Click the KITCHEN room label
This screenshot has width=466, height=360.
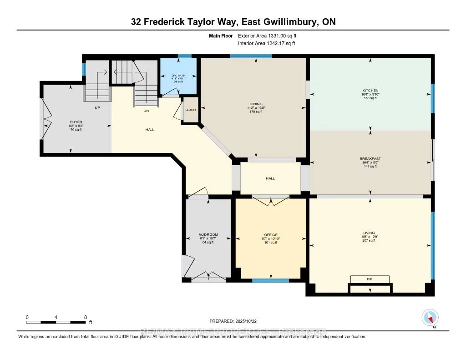click(370, 91)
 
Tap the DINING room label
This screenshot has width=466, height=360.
click(256, 103)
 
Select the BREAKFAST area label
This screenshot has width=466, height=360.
click(370, 159)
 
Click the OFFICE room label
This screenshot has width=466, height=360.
click(271, 235)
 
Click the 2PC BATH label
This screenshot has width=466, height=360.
click(178, 76)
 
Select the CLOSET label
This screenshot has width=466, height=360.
click(191, 110)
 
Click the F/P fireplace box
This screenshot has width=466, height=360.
click(370, 279)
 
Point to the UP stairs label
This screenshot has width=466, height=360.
click(97, 108)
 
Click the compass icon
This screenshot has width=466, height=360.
click(430, 318)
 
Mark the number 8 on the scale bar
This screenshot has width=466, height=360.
click(85, 317)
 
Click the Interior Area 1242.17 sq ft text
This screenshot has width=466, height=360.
click(266, 43)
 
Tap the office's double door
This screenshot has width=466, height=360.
click(271, 201)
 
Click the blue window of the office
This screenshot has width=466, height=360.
click(270, 280)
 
